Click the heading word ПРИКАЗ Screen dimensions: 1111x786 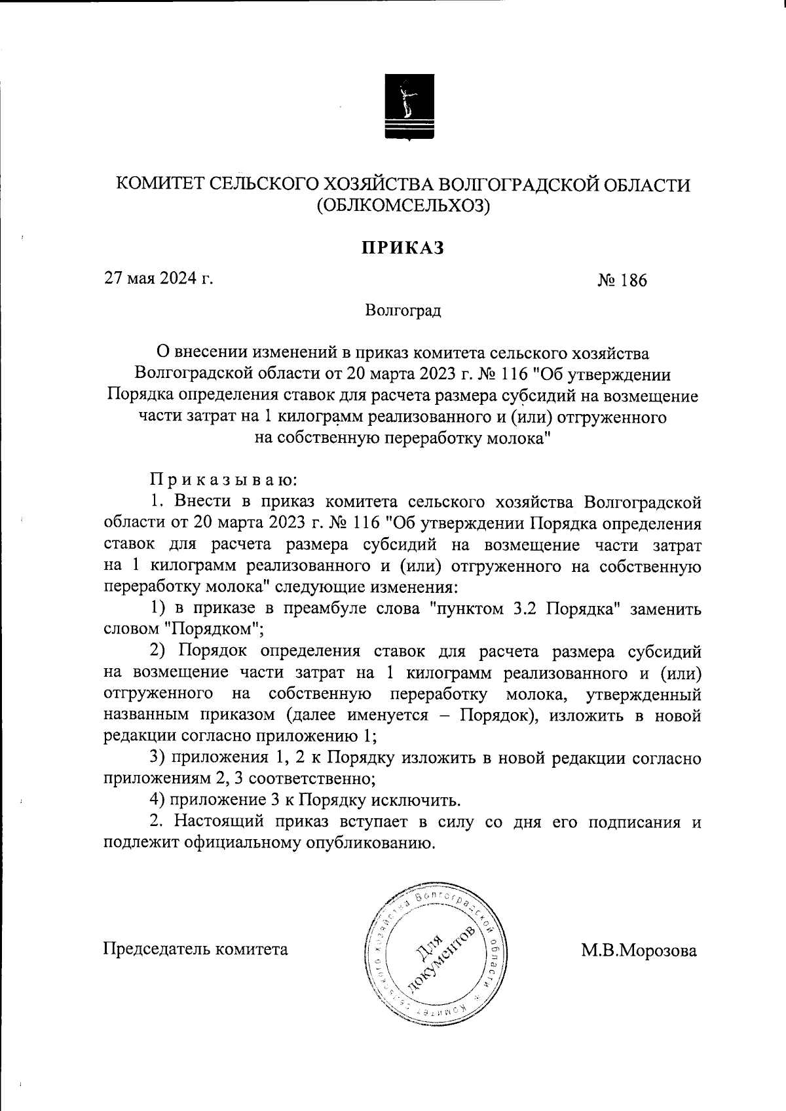pyautogui.click(x=403, y=248)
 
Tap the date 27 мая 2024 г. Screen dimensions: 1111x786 pyautogui.click(x=160, y=278)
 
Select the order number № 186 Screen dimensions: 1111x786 pyautogui.click(x=622, y=281)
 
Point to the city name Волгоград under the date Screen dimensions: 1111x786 pyautogui.click(x=403, y=310)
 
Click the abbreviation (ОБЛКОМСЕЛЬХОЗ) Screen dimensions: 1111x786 pyautogui.click(x=403, y=207)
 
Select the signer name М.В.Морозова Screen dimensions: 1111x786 pyautogui.click(x=639, y=951)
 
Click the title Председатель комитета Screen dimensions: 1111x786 pyautogui.click(x=196, y=949)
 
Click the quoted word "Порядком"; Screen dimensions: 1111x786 pyautogui.click(x=212, y=630)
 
